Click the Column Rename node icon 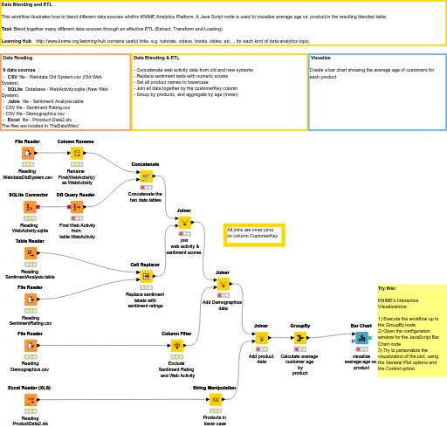[x=76, y=154]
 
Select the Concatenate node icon [x=145, y=176]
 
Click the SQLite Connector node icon [x=30, y=207]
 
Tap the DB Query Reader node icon [x=76, y=207]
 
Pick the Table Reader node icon [x=30, y=253]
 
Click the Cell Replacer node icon [x=145, y=276]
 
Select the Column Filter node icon [x=176, y=345]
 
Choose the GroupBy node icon [x=299, y=338]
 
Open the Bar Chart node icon [x=361, y=338]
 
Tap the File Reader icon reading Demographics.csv [x=30, y=345]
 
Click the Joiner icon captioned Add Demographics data [x=222, y=285]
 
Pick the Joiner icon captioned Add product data [x=260, y=338]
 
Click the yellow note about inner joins [x=251, y=232]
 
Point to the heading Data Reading [x=21, y=58]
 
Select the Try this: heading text [x=387, y=288]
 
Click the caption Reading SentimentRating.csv [x=30, y=320]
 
